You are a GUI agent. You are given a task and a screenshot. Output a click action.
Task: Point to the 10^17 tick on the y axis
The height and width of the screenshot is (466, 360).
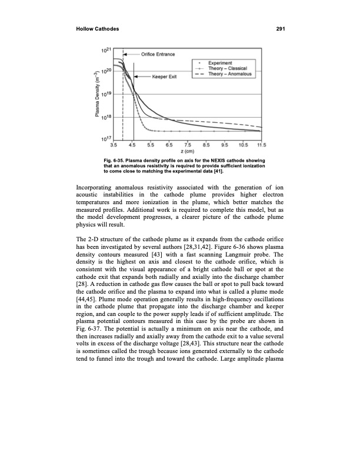(x=113, y=139)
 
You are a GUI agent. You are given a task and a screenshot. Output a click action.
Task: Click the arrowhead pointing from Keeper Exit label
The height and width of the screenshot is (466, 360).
(x=136, y=77)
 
